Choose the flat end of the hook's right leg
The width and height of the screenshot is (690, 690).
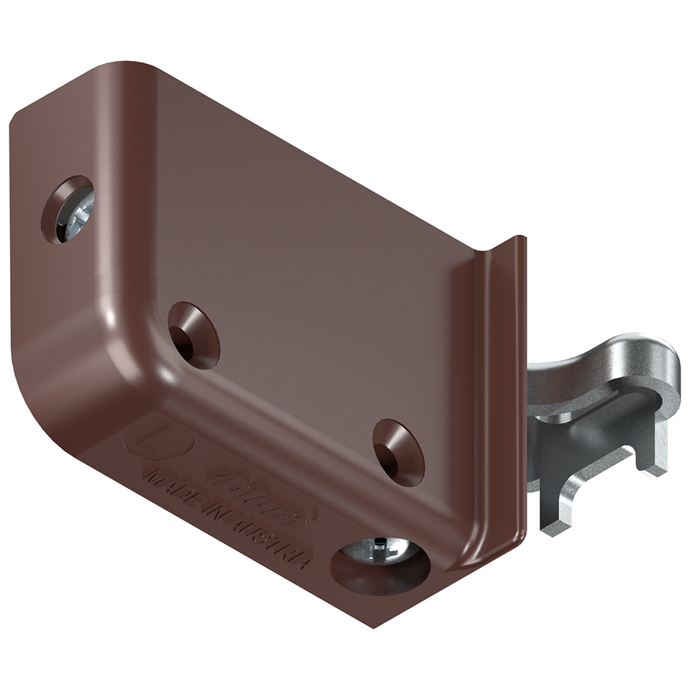point(655,467)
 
